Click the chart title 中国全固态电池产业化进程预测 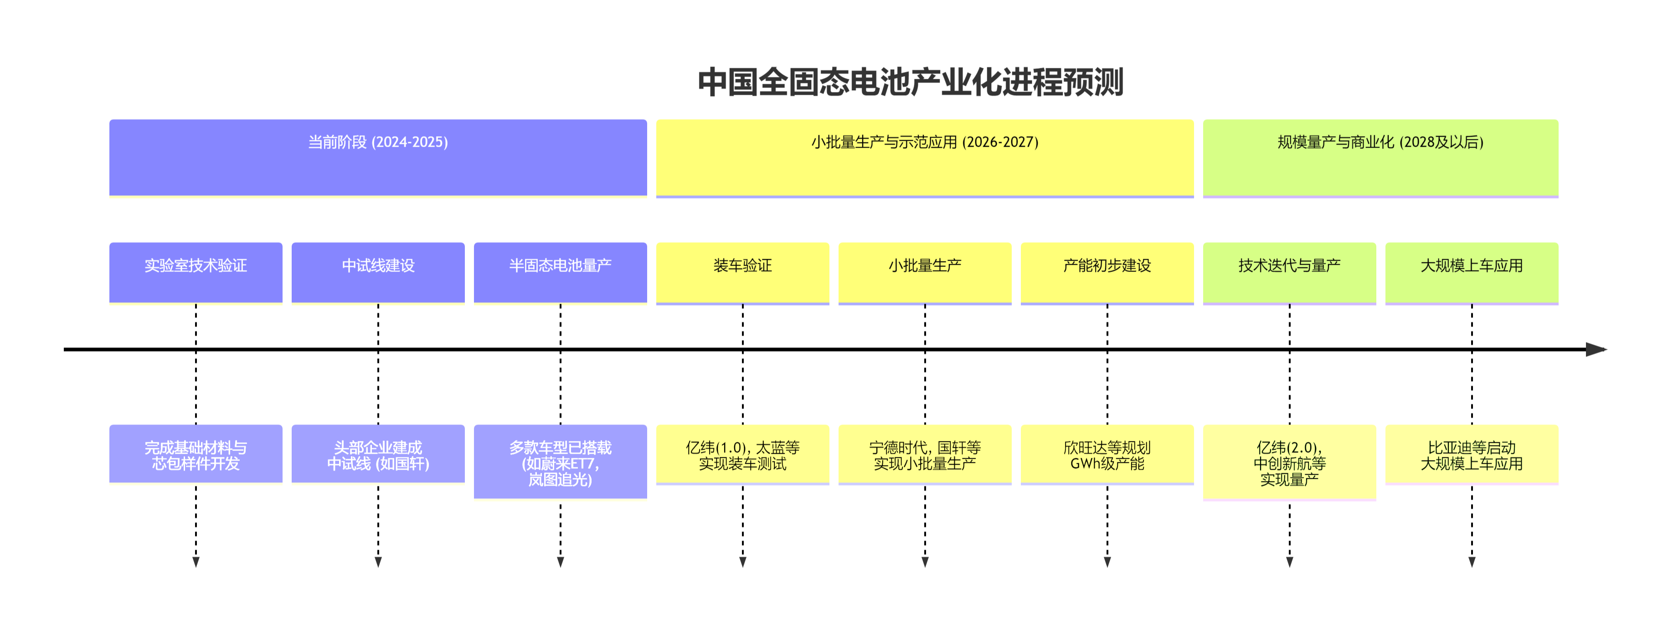pyautogui.click(x=911, y=82)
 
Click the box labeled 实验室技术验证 pyautogui.click(x=196, y=272)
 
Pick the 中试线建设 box pyautogui.click(x=378, y=272)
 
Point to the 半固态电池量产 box pyautogui.click(x=560, y=272)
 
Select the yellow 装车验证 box pyautogui.click(x=743, y=272)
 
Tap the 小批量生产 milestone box pyautogui.click(x=925, y=272)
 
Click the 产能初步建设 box pyautogui.click(x=1107, y=272)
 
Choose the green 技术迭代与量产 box pyautogui.click(x=1289, y=272)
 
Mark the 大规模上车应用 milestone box pyautogui.click(x=1472, y=272)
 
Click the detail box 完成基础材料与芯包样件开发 pyautogui.click(x=196, y=454)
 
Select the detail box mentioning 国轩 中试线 pyautogui.click(x=378, y=454)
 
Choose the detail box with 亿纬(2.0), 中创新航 pyautogui.click(x=1289, y=462)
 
